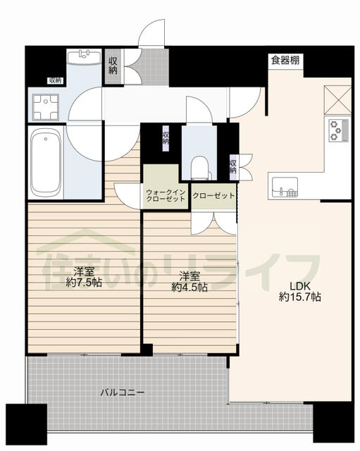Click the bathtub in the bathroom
pos(45,162)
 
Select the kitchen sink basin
pos(285,187)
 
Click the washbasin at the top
pos(84,56)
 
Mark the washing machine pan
pos(45,107)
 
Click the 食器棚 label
pos(285,61)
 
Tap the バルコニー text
pos(123,392)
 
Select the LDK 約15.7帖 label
pos(299,291)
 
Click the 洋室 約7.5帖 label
pos(84,277)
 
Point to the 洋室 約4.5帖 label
pos(190,282)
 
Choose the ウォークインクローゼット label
pos(166,196)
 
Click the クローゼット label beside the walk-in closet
pos(213,196)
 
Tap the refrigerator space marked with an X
pos(337,100)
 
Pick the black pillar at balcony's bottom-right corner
pos(333,423)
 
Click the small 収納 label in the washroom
pos(56,81)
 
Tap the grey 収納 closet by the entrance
pos(113,66)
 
